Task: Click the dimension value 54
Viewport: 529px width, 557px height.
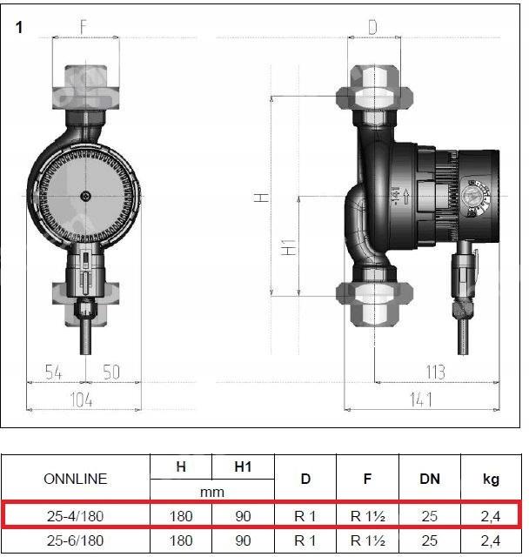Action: click(54, 372)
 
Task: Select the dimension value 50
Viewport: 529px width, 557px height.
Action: click(111, 372)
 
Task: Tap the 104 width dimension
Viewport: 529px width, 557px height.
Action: click(82, 399)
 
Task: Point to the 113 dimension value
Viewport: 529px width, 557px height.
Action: click(436, 372)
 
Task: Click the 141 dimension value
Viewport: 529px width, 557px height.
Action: click(421, 399)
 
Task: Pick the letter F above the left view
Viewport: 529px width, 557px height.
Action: click(84, 27)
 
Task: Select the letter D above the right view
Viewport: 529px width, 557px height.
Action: click(372, 27)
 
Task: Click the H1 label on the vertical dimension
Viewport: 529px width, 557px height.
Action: click(289, 247)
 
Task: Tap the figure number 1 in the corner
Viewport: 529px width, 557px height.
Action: click(19, 28)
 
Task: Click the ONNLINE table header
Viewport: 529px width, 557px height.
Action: click(76, 479)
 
